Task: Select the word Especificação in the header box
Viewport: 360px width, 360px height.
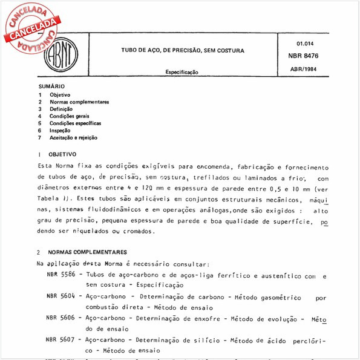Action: (x=182, y=72)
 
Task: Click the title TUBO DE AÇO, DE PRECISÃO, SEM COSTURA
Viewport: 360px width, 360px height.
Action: (x=182, y=51)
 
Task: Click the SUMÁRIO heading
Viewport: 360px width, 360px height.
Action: (x=51, y=87)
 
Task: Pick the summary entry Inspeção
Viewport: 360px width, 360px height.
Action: (x=61, y=130)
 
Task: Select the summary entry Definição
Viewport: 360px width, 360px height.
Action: (x=62, y=109)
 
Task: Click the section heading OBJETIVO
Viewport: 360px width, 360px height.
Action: (x=62, y=155)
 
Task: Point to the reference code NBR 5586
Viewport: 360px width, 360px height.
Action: (x=61, y=275)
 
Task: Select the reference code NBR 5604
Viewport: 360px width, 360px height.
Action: (x=61, y=297)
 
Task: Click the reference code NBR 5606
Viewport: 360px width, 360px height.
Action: (x=61, y=318)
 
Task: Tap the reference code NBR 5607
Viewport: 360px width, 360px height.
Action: (x=61, y=339)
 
